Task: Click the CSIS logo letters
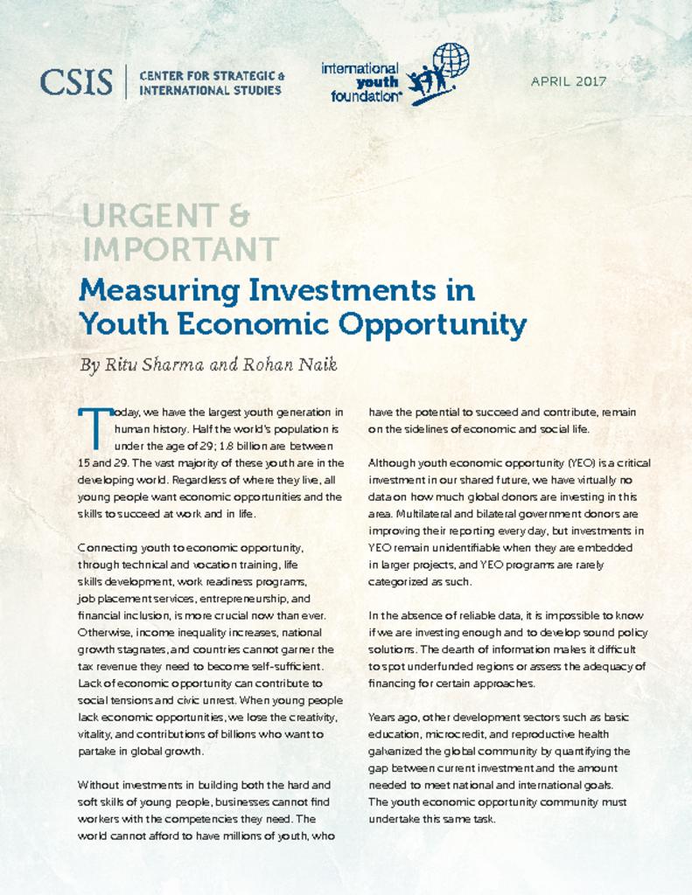click(x=76, y=82)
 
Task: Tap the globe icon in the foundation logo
click(x=451, y=60)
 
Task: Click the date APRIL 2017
click(x=569, y=82)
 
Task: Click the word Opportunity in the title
click(x=433, y=324)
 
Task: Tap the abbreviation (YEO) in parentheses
click(x=582, y=462)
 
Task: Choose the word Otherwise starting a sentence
click(x=107, y=632)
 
